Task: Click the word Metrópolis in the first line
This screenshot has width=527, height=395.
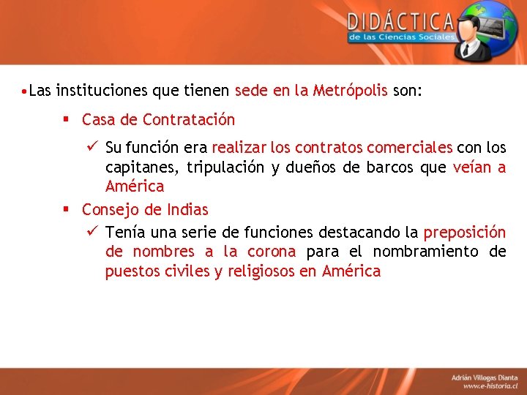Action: (x=350, y=91)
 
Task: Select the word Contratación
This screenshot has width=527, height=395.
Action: (x=189, y=119)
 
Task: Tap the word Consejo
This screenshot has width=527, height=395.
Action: (x=111, y=210)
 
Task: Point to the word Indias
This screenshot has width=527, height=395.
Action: (x=187, y=210)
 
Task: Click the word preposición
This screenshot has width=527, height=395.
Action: (x=465, y=233)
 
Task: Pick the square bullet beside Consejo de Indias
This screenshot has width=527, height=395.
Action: (x=67, y=210)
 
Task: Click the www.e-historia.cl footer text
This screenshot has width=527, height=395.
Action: (x=490, y=385)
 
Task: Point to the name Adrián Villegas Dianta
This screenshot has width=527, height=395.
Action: (x=484, y=376)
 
